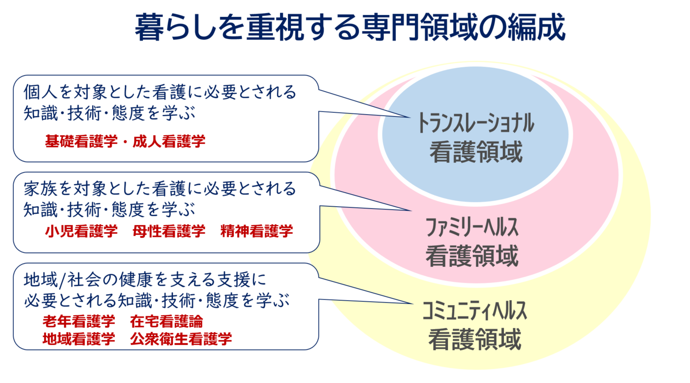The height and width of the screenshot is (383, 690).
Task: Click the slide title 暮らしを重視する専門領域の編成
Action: [x=350, y=27]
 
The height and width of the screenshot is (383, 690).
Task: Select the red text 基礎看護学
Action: [x=81, y=141]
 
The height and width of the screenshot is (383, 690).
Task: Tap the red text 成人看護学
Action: [x=169, y=141]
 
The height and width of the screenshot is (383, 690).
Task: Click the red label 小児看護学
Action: [x=81, y=231]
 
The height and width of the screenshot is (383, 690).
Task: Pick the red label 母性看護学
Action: [x=169, y=231]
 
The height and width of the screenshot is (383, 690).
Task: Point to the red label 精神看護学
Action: [x=257, y=231]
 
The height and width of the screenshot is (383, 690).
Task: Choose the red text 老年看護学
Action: [x=79, y=321]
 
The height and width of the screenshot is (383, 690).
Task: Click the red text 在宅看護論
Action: [x=167, y=321]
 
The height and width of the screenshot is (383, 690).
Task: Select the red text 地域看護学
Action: [x=79, y=339]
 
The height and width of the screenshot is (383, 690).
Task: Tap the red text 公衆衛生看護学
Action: [x=181, y=339]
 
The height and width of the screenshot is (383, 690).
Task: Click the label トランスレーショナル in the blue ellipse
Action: [x=476, y=123]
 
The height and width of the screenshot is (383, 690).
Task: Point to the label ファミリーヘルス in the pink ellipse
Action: [x=472, y=227]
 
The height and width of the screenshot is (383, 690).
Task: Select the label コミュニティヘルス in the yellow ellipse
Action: [x=475, y=311]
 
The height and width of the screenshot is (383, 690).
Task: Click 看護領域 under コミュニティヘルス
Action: [x=475, y=339]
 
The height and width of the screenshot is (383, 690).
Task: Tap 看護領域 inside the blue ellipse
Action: [x=476, y=152]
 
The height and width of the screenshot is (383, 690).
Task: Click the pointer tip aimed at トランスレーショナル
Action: [x=411, y=117]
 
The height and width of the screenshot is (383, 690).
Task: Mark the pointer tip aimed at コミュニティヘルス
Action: [x=413, y=304]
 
